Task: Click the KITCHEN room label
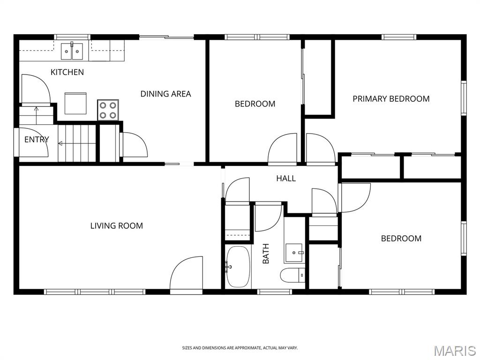pyautogui.click(x=67, y=72)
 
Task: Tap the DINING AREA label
pyautogui.click(x=165, y=94)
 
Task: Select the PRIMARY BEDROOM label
pyautogui.click(x=391, y=99)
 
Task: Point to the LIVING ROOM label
pyautogui.click(x=117, y=226)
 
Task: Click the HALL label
pyautogui.click(x=286, y=179)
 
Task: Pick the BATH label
pyautogui.click(x=266, y=254)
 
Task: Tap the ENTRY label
pyautogui.click(x=37, y=140)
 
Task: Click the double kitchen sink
pyautogui.click(x=72, y=51)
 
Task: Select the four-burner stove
pyautogui.click(x=108, y=110)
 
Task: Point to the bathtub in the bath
pyautogui.click(x=238, y=267)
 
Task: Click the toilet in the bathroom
pyautogui.click(x=292, y=275)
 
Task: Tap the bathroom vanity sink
pyautogui.click(x=294, y=253)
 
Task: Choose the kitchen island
pyautogui.click(x=75, y=104)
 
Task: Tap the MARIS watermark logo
pyautogui.click(x=455, y=351)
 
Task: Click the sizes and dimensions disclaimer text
pyautogui.click(x=240, y=348)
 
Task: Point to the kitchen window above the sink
pyautogui.click(x=72, y=37)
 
